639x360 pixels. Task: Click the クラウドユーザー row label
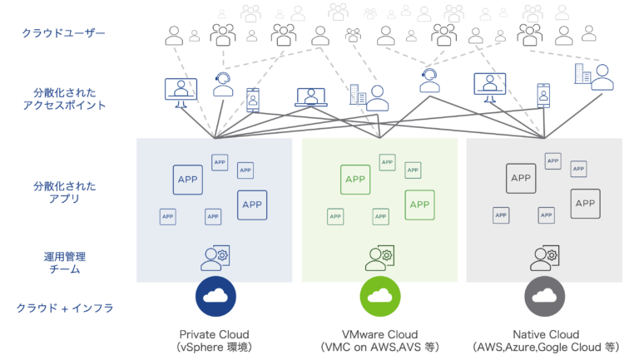pyautogui.click(x=63, y=32)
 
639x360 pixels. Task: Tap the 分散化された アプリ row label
pyautogui.click(x=64, y=192)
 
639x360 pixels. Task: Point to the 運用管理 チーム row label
pyautogui.click(x=63, y=263)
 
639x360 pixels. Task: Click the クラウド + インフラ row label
pyautogui.click(x=64, y=308)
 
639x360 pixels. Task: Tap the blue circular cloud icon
pyautogui.click(x=215, y=296)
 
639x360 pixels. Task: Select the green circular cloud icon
pyautogui.click(x=379, y=296)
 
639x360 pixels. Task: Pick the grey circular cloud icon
pyautogui.click(x=544, y=296)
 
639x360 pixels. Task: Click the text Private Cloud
pyautogui.click(x=215, y=333)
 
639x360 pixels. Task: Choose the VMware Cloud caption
pyautogui.click(x=379, y=333)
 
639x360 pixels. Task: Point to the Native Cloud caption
pyautogui.click(x=544, y=333)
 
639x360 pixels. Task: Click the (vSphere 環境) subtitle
pyautogui.click(x=215, y=346)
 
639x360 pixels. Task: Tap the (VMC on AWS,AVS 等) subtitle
pyautogui.click(x=379, y=346)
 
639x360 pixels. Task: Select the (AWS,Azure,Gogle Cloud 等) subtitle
pyautogui.click(x=544, y=346)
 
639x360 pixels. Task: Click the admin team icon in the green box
pyautogui.click(x=379, y=258)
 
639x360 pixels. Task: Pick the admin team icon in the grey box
pyautogui.click(x=544, y=258)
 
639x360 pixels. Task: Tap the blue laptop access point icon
pyautogui.click(x=311, y=97)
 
